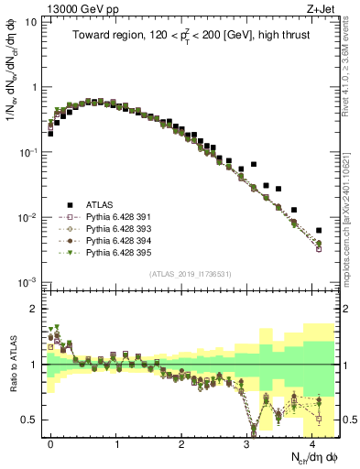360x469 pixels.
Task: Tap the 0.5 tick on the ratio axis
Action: [30, 420]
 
